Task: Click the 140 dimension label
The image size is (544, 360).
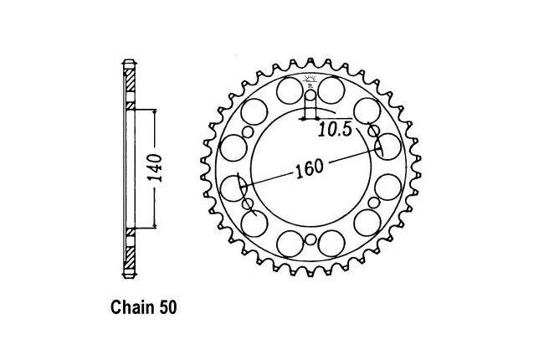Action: (155, 168)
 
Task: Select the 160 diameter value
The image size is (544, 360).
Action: (310, 168)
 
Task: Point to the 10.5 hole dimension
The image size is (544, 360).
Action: (336, 130)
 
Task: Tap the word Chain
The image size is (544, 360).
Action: (133, 307)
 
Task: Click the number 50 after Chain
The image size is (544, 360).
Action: (168, 307)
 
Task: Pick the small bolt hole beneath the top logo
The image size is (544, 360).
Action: (311, 95)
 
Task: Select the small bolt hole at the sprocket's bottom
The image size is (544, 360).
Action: (311, 239)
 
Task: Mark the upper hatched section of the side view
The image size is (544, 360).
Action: (130, 80)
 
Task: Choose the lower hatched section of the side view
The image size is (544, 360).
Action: (130, 258)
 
